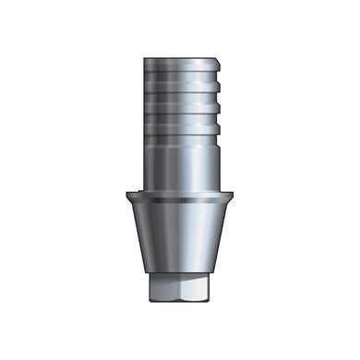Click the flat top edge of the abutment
coord(180,57)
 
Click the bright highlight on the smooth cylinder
coord(170,162)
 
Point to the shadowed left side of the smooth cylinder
coord(150,162)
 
